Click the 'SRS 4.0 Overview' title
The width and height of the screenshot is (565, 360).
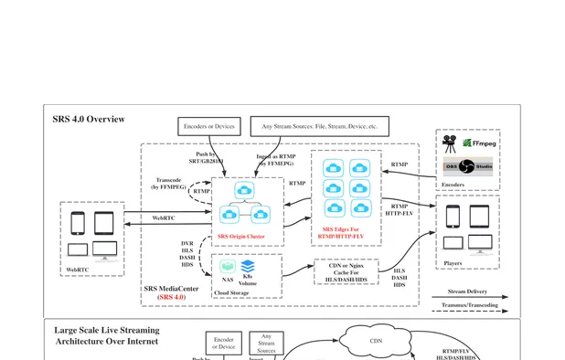coord(89,120)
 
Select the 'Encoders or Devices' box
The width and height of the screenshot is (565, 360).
coord(208,125)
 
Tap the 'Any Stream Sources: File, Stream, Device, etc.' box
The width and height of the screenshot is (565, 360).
coord(319,125)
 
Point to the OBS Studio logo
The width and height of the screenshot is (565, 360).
coord(467,167)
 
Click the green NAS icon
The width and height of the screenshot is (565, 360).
coord(228,267)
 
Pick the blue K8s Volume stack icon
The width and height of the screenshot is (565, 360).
coord(248,266)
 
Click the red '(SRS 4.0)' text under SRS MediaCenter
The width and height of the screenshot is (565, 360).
coord(171,298)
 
